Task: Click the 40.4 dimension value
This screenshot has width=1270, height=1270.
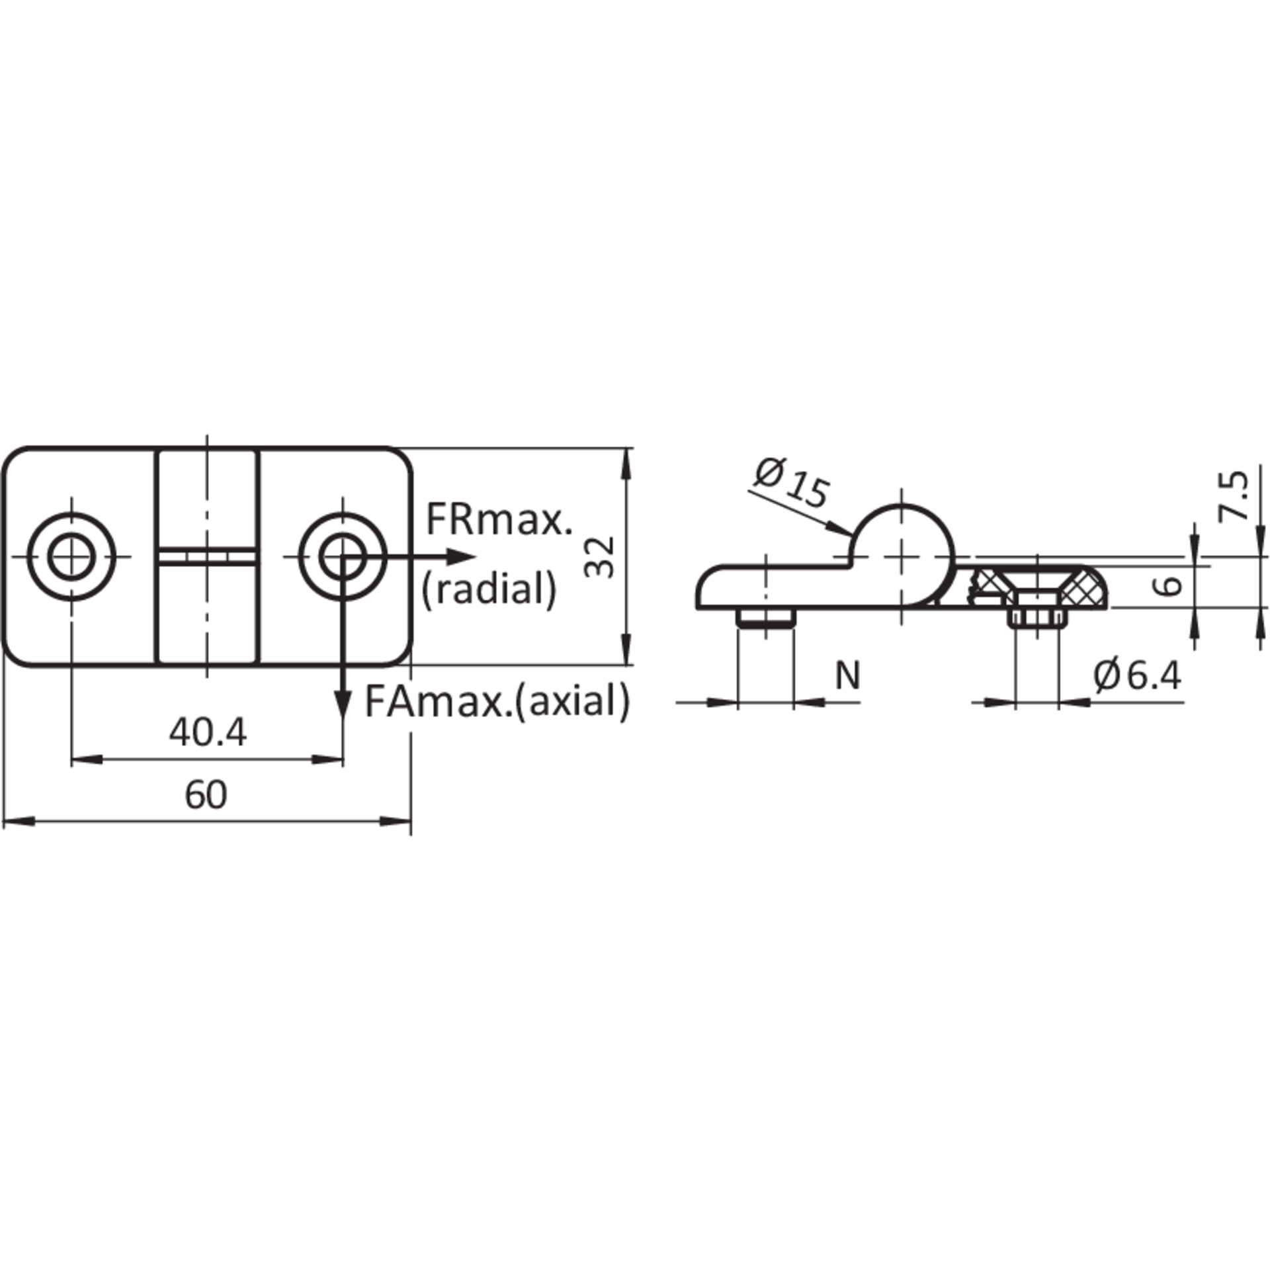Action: pos(208,733)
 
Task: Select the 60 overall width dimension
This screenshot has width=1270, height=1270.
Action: pos(206,795)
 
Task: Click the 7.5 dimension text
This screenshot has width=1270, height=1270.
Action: pos(1233,495)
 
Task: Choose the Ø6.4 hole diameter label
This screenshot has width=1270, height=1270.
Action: pos(1137,676)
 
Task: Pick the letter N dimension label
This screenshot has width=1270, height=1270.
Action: pos(847,675)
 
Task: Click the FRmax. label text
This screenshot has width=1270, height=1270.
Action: pos(499,520)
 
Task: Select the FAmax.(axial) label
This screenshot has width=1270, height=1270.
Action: pos(497,701)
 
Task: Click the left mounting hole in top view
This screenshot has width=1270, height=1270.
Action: pos(71,556)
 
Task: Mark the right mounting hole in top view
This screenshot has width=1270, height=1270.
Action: pos(343,556)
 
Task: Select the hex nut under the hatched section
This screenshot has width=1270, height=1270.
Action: pos(1037,618)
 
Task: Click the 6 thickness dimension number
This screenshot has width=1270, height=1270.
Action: pos(1171,585)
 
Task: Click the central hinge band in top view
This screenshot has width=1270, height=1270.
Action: pos(207,556)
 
